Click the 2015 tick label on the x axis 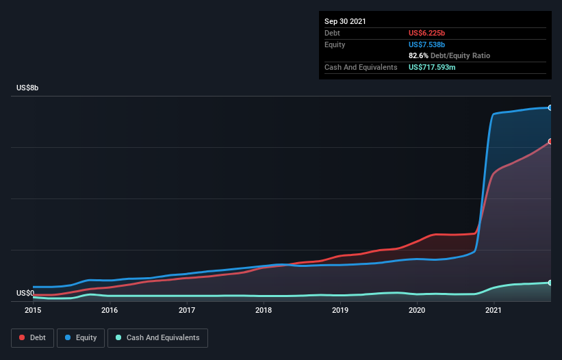point(34,310)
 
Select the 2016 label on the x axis point(110,310)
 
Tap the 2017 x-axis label point(187,310)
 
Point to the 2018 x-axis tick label point(264,310)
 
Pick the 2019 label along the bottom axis point(341,310)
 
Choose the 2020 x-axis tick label point(418,310)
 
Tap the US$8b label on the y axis point(28,88)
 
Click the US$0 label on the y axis point(25,293)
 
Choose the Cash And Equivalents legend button point(157,337)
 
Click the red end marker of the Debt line point(550,142)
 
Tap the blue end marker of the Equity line point(550,107)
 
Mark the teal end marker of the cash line point(550,283)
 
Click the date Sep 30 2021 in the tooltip point(345,21)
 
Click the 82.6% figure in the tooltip point(420,55)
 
